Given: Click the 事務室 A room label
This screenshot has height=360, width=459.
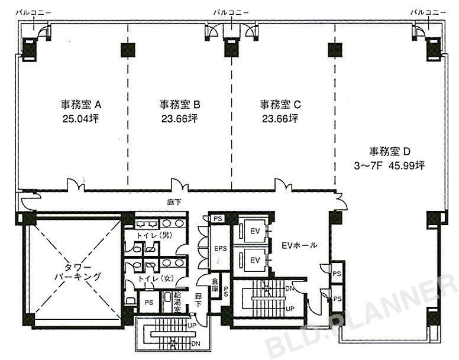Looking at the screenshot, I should click(82, 105).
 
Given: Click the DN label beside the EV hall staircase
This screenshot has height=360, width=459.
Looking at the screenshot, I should click(290, 289).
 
